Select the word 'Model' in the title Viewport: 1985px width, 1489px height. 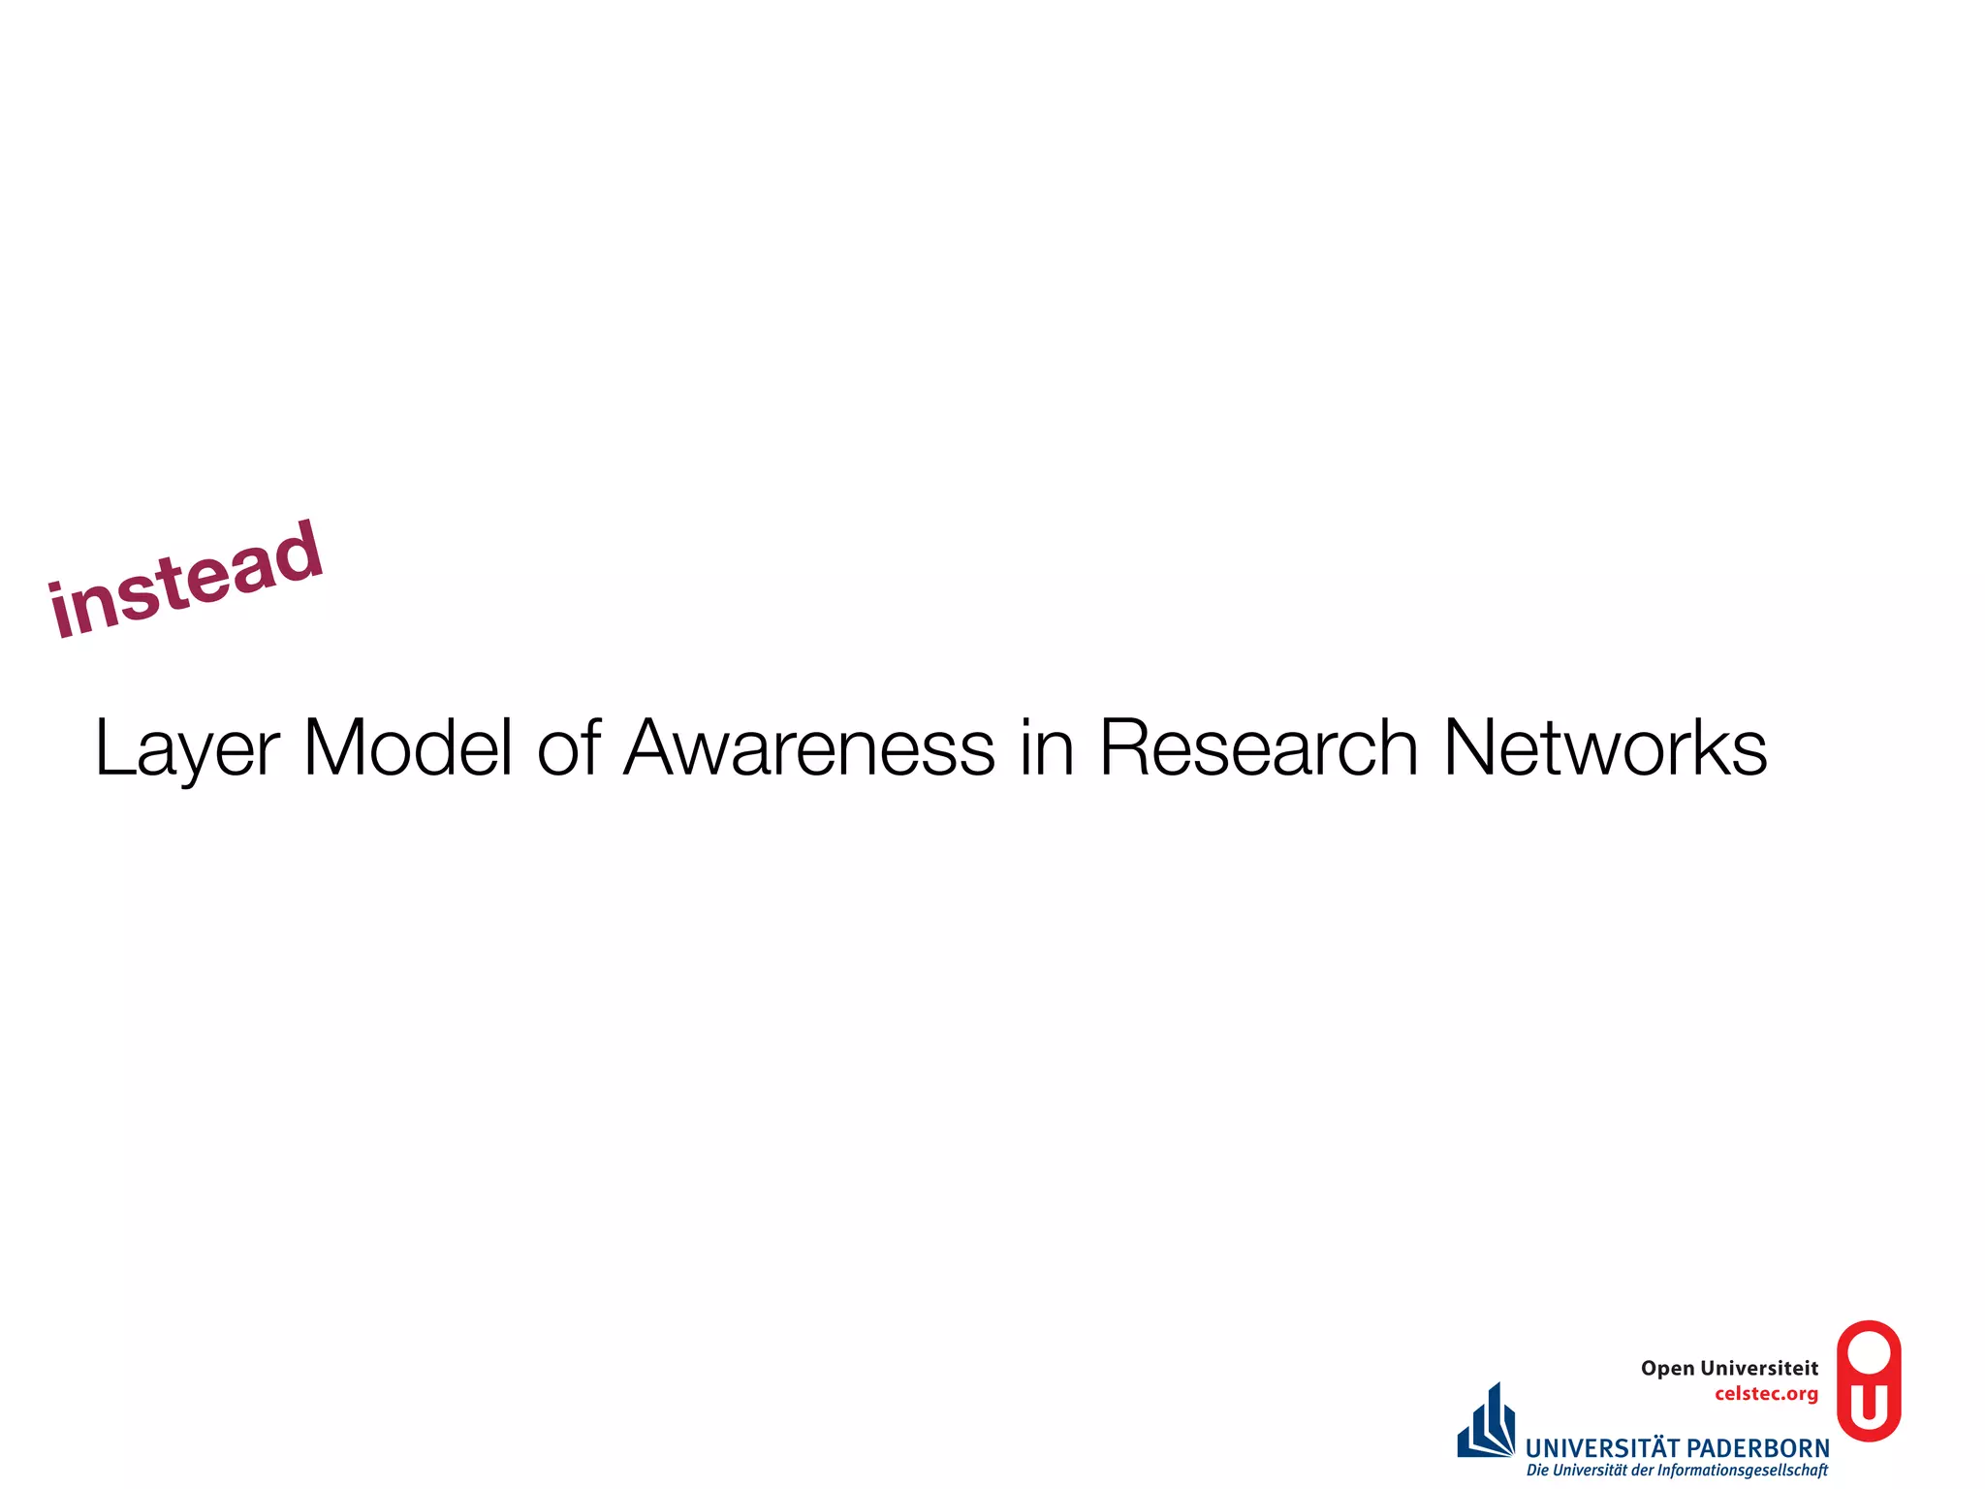pyautogui.click(x=408, y=748)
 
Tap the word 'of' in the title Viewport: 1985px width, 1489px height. pyautogui.click(x=569, y=748)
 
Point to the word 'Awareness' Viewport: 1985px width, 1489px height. pyautogui.click(x=809, y=748)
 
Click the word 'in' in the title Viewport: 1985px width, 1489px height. pyautogui.click(x=1047, y=748)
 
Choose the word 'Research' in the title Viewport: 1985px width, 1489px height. pyautogui.click(x=1258, y=748)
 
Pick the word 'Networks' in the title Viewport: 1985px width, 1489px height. pyautogui.click(x=1605, y=748)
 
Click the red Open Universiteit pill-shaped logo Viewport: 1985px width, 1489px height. pyautogui.click(x=1869, y=1380)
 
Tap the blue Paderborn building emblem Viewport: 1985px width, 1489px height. pyautogui.click(x=1486, y=1423)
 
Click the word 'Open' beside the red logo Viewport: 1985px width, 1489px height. pyautogui.click(x=1667, y=1369)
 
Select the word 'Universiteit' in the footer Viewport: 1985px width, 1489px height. pyautogui.click(x=1759, y=1368)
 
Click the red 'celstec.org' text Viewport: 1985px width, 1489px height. pyautogui.click(x=1766, y=1394)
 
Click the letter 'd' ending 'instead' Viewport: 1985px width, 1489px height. pyautogui.click(x=297, y=553)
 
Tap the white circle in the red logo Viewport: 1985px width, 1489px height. pyautogui.click(x=1869, y=1351)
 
